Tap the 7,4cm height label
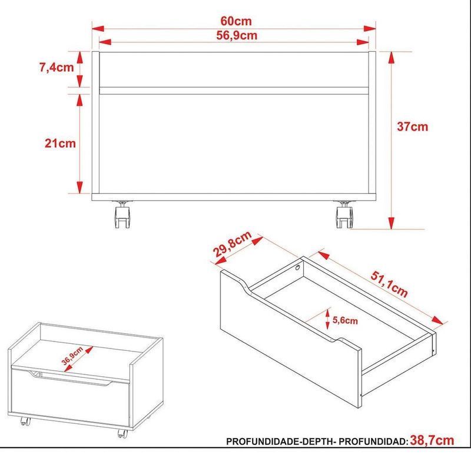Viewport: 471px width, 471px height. pos(57,67)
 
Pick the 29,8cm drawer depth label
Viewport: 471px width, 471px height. pos(232,245)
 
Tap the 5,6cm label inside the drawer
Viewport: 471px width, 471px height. pos(344,321)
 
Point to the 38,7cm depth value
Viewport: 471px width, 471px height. pos(432,440)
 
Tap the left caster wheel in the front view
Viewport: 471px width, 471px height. pos(122,215)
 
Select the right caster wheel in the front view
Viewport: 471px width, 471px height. pos(343,215)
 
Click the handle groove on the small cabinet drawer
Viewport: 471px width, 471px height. pos(71,377)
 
